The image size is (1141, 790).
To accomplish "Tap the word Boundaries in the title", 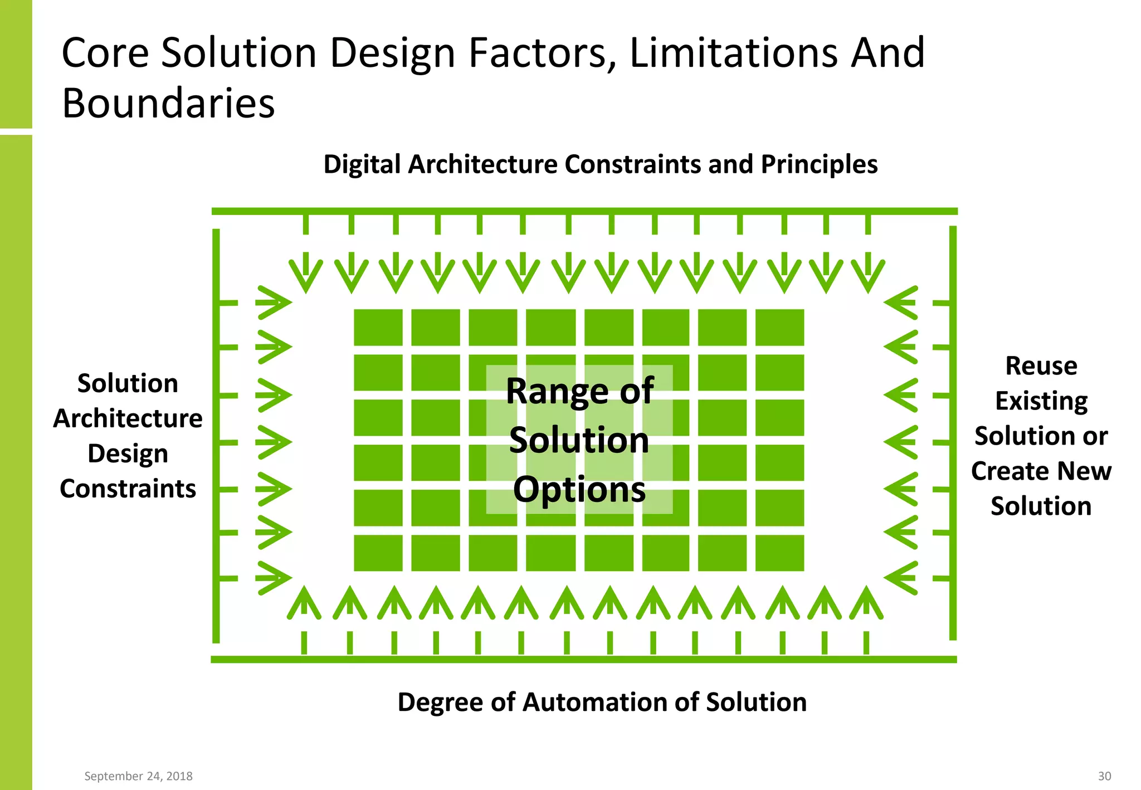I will click(168, 104).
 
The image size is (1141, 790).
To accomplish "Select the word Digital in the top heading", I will click(362, 164).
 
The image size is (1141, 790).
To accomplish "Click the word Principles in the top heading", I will click(819, 164).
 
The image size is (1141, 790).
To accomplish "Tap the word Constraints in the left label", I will click(128, 489).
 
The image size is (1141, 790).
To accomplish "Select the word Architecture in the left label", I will click(128, 418).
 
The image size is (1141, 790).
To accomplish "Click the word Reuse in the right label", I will click(1041, 366).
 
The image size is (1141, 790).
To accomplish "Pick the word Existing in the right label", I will click(1041, 401).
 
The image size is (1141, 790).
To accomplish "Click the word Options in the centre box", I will click(579, 490).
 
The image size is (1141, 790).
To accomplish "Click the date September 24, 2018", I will click(138, 776).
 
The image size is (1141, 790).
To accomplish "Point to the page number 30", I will click(1104, 776).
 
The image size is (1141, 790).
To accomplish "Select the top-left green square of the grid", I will click(378, 327).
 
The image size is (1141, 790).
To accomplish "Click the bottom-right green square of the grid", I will click(779, 553).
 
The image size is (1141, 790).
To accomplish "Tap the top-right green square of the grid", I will click(779, 327).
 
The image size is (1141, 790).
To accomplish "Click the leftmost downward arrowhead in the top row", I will click(305, 274).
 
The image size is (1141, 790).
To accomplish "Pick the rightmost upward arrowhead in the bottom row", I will click(866, 603).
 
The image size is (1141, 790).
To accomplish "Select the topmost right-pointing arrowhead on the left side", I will click(274, 303).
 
